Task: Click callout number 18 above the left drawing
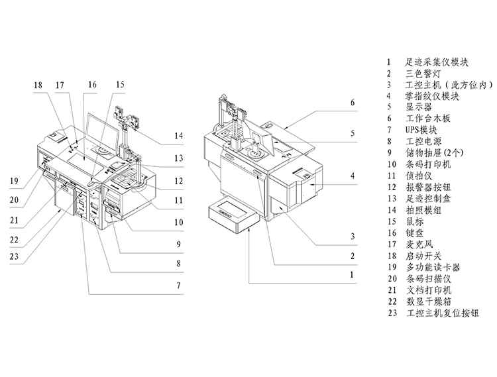coord(38,85)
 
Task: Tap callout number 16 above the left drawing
coord(91,85)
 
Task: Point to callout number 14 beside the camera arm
coord(178,136)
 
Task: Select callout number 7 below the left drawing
coord(178,286)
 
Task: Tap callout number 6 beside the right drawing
coord(353,103)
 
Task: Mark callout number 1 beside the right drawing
coord(353,273)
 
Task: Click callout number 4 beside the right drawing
coord(353,176)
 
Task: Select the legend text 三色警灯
coord(421,74)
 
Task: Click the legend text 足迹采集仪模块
coord(437,62)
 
